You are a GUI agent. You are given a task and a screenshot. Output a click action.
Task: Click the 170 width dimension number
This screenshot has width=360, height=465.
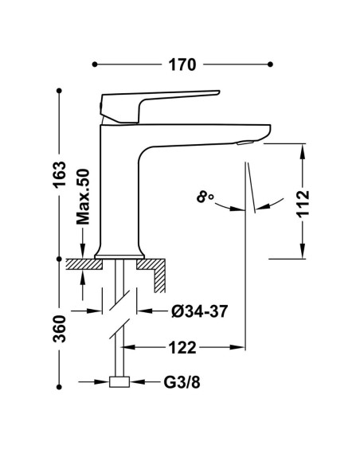point(182,64)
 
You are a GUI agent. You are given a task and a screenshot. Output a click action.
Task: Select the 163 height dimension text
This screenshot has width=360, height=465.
point(59,174)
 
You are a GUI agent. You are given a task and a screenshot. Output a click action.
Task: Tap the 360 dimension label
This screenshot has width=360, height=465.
point(59,329)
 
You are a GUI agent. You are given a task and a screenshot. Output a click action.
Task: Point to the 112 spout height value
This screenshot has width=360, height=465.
point(303,204)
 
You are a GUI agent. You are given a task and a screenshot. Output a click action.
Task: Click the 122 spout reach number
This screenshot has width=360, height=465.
point(182,347)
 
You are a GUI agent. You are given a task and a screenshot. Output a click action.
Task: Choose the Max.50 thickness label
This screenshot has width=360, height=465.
point(83,197)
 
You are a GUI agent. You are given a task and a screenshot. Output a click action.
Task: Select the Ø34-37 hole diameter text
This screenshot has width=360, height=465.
point(200,311)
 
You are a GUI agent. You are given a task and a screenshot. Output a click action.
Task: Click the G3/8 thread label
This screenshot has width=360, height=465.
point(182,382)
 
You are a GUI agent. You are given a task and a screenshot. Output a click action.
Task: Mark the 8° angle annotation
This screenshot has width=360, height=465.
point(205,197)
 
